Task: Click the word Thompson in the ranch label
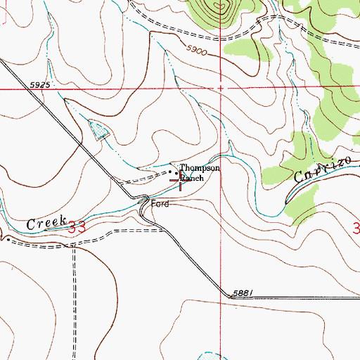(x=200, y=169)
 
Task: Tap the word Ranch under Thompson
(x=192, y=179)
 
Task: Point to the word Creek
(x=46, y=223)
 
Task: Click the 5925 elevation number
(x=41, y=85)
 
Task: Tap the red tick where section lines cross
(x=221, y=89)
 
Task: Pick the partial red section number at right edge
(x=356, y=228)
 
